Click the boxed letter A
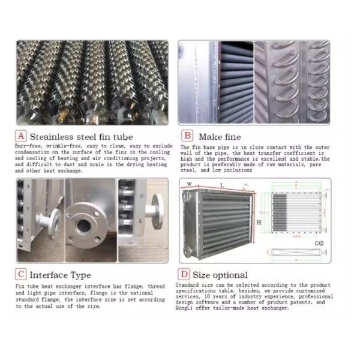[x=21, y=136]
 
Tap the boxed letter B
[x=187, y=136]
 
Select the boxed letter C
[x=21, y=274]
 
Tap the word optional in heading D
[x=233, y=274]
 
